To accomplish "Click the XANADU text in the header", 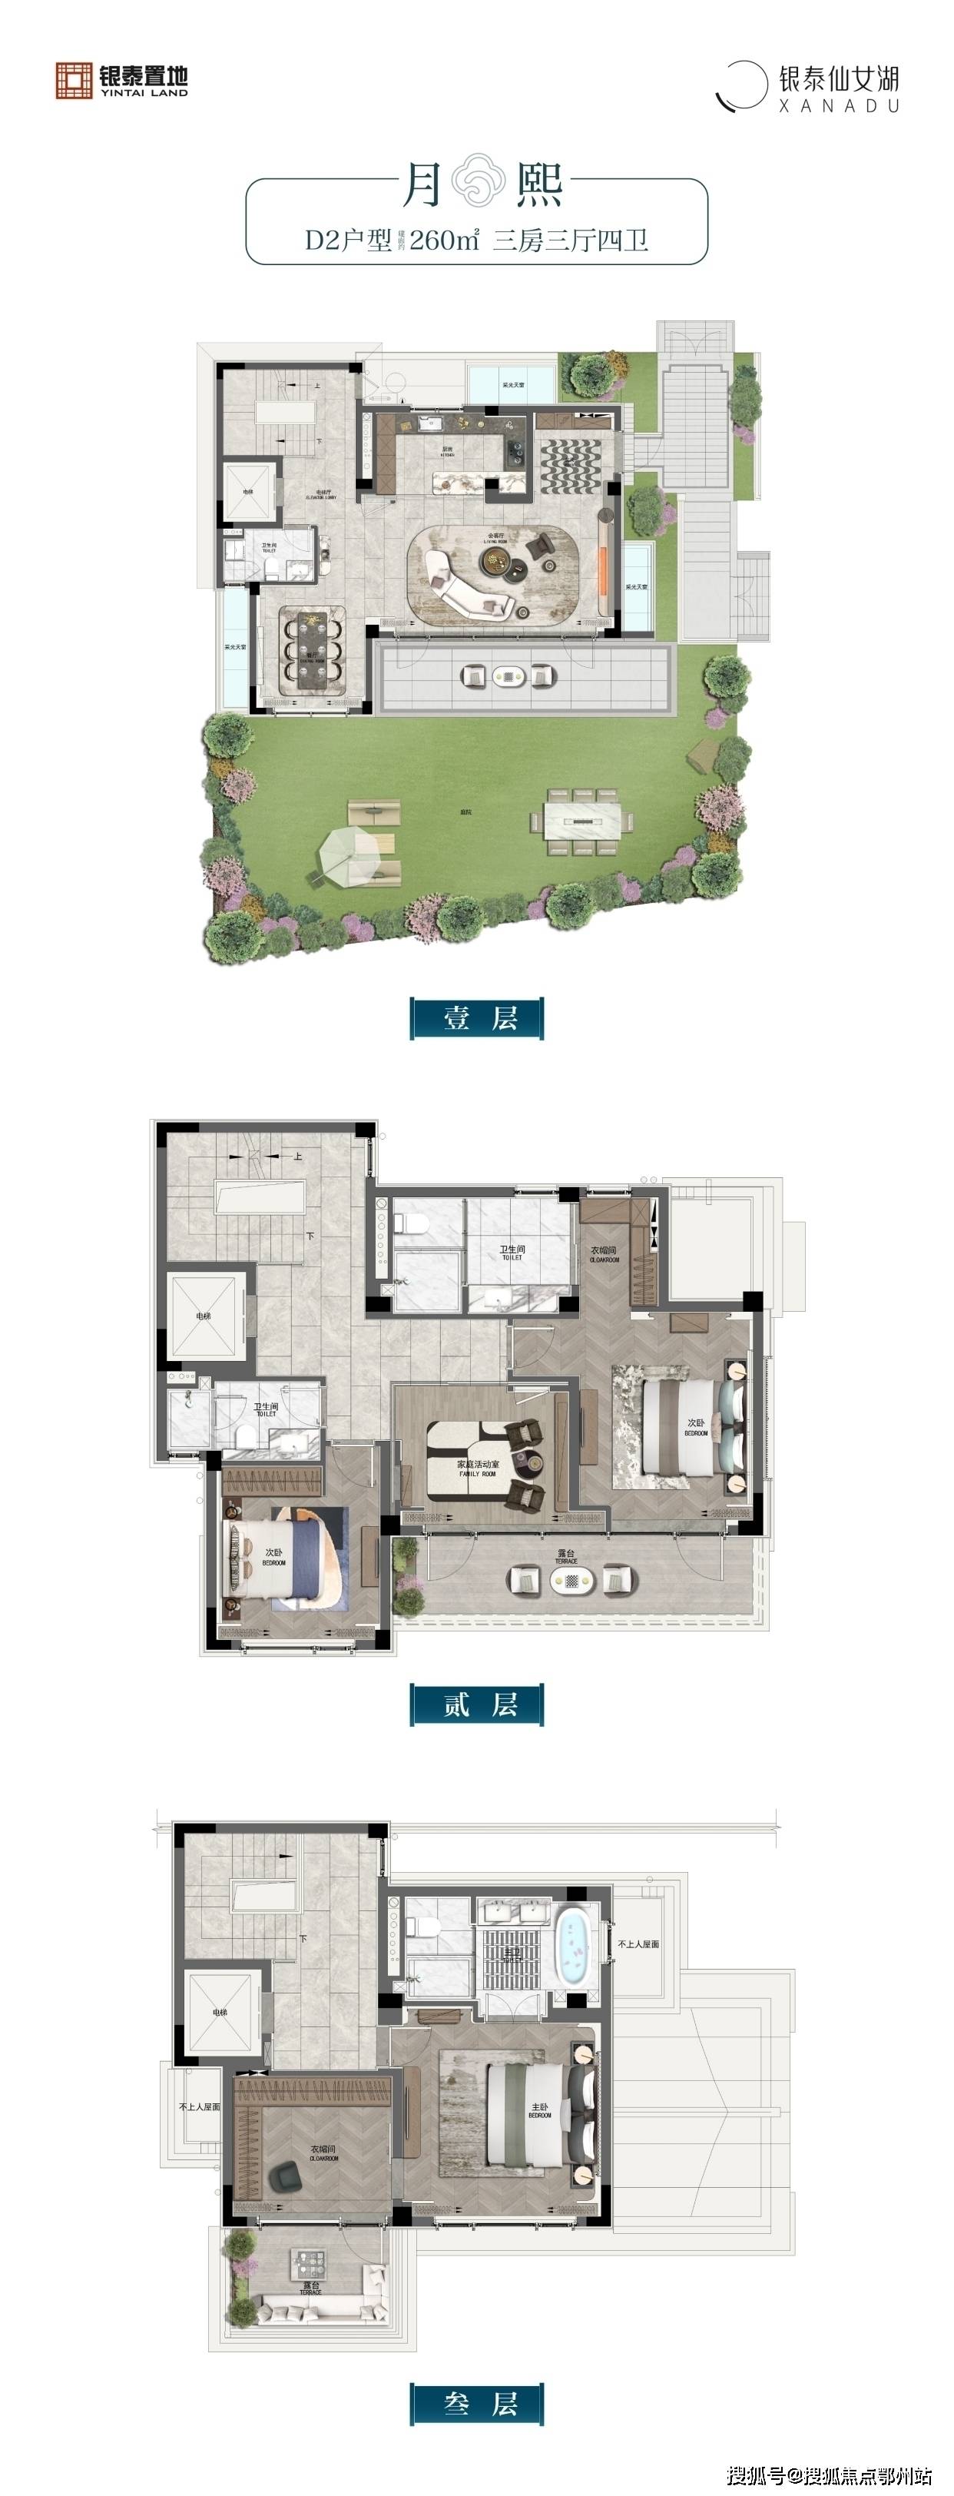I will [x=839, y=105].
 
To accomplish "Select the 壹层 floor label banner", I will [x=476, y=1018].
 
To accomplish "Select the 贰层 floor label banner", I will [x=476, y=1704].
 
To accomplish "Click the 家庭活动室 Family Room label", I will [x=478, y=1468].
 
